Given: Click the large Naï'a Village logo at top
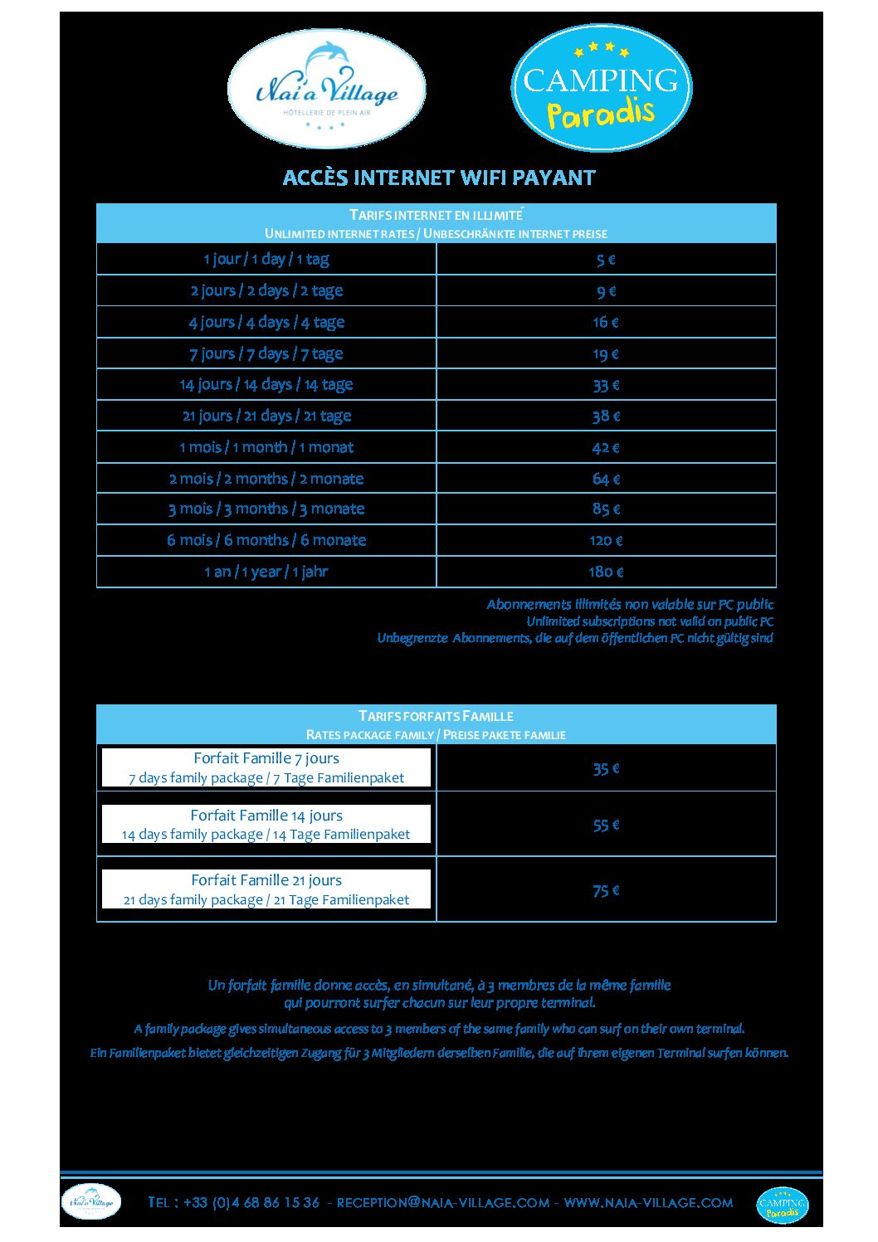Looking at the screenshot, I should (326, 89).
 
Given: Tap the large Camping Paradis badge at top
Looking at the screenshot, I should (601, 88).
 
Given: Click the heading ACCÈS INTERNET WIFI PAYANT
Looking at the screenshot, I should (439, 178).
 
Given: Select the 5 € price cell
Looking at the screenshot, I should (606, 260).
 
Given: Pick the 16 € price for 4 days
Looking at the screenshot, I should (606, 322).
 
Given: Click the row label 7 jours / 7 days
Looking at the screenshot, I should (266, 353).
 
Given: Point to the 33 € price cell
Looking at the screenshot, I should (606, 385).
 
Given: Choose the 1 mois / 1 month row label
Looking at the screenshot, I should (266, 447).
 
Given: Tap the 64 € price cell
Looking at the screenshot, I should (606, 479).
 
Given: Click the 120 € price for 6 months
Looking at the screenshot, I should (606, 540).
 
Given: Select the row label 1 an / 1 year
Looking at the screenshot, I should (266, 572).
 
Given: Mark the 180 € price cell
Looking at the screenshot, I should (606, 572).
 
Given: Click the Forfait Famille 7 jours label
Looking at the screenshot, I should (266, 767).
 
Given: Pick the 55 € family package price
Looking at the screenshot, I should (606, 825).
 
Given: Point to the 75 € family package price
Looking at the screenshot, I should (606, 890).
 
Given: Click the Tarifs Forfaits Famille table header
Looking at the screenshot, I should (436, 724).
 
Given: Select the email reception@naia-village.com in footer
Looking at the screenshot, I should (443, 1202).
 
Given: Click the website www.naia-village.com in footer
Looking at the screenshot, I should (648, 1202).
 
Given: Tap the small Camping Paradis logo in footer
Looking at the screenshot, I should (782, 1205).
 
